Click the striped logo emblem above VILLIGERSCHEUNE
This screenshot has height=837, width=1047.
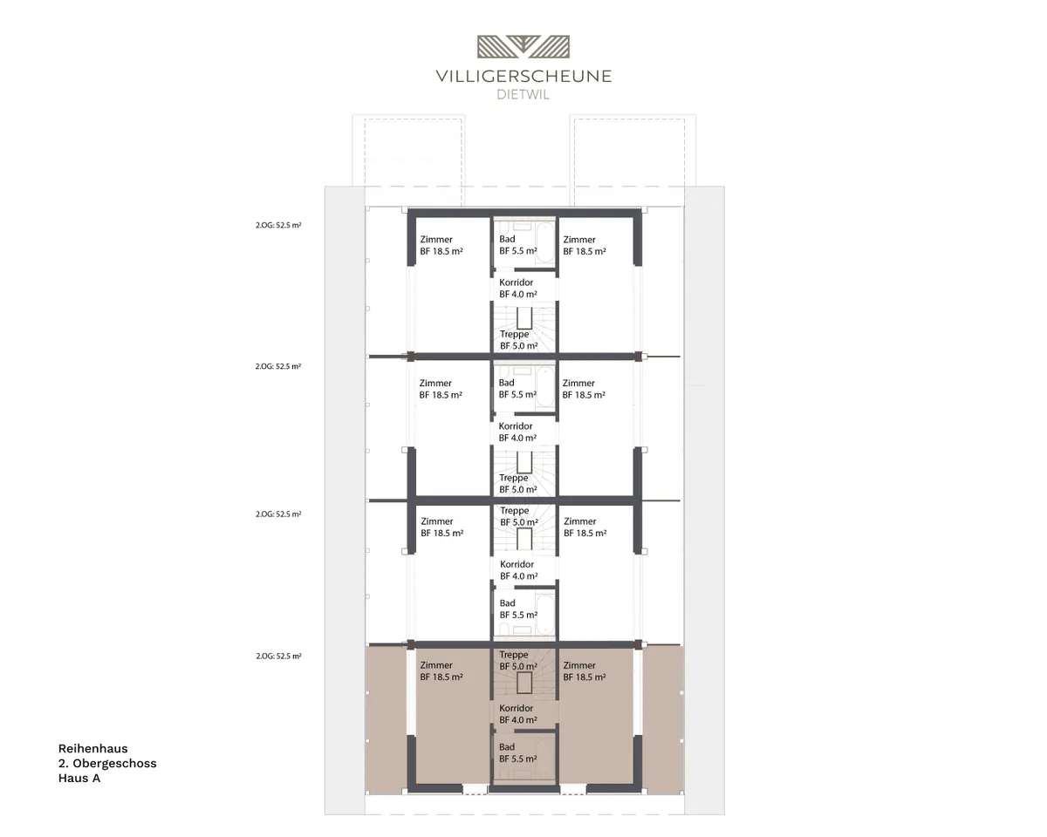523,47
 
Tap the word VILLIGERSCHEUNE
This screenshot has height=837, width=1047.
523,77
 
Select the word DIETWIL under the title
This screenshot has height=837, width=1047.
523,95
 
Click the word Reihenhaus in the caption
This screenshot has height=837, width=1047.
93,748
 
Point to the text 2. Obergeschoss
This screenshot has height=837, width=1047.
107,763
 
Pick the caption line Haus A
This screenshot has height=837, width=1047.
79,778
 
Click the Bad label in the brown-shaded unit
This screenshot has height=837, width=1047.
506,747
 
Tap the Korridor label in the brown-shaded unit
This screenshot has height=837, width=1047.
516,708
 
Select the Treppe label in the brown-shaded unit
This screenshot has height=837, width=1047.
513,655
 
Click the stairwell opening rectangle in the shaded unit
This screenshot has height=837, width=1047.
524,683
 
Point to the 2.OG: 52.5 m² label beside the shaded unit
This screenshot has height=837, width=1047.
279,656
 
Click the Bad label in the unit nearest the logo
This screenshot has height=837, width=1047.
507,239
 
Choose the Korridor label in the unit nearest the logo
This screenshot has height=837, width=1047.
516,282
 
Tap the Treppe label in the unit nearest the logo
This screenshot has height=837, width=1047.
514,335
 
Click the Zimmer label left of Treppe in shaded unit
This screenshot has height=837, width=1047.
436,665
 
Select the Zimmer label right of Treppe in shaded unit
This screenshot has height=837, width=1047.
579,665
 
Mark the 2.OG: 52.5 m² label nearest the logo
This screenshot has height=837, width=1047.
278,225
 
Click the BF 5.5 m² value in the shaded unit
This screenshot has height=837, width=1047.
518,759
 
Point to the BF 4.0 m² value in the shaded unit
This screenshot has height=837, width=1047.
518,720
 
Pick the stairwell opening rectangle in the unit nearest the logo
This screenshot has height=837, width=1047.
524,318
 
